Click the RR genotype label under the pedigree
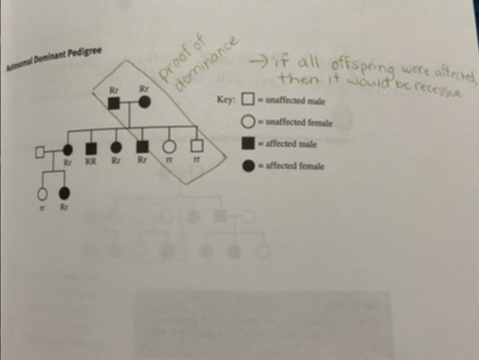tap(91, 162)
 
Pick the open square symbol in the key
tap(248, 100)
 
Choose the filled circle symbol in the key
tap(249, 166)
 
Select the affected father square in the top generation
tap(114, 102)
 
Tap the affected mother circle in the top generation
tap(144, 102)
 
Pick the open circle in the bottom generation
tap(42, 194)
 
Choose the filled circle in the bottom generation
tap(64, 194)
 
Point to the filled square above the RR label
tap(91, 147)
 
